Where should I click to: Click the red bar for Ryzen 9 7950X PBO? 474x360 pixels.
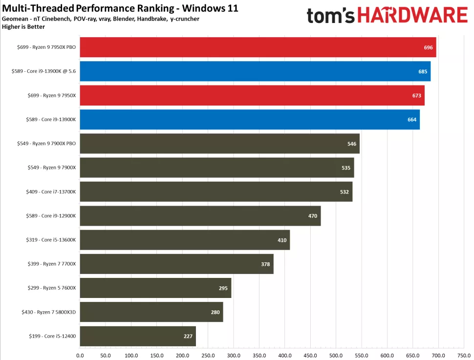point(258,47)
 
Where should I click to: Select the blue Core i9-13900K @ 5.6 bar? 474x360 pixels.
point(255,71)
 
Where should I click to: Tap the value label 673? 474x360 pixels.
point(416,96)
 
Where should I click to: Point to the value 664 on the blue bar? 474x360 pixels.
point(412,120)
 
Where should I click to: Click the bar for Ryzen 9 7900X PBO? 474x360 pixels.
point(219,144)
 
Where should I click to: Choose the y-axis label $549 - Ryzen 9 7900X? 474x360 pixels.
point(52,168)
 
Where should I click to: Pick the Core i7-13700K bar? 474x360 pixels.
point(216,192)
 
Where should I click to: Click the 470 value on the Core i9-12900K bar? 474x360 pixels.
point(313,216)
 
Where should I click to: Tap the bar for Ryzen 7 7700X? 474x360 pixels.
point(176,264)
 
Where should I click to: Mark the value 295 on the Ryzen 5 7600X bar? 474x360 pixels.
point(223,288)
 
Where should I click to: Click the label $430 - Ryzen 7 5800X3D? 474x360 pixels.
point(49,312)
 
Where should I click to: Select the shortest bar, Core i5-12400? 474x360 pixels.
point(138,336)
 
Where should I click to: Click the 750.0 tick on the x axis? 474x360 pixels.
point(464,355)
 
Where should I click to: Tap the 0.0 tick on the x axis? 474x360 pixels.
point(80,355)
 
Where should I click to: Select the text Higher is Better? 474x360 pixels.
point(23,26)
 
